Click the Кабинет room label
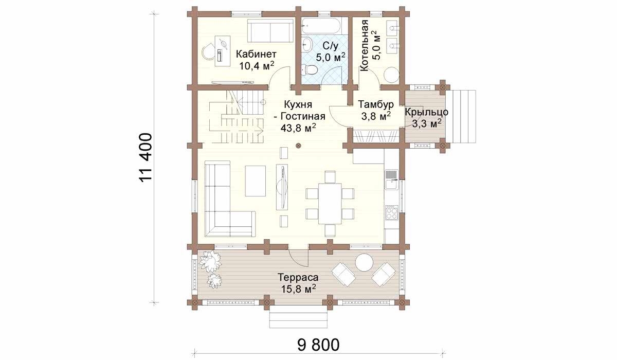(x=256, y=54)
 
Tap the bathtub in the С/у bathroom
(x=321, y=26)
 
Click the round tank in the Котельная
(x=391, y=75)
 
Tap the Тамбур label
(x=376, y=104)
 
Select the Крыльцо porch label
(x=426, y=113)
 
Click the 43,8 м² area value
(x=298, y=128)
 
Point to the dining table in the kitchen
(x=330, y=204)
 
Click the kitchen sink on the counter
(x=391, y=179)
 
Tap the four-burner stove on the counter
(x=391, y=212)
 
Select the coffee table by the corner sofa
(x=256, y=181)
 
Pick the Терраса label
(x=298, y=277)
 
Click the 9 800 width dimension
(x=318, y=345)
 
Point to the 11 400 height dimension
(x=146, y=157)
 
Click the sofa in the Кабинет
(x=270, y=30)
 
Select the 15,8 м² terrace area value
(x=298, y=289)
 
